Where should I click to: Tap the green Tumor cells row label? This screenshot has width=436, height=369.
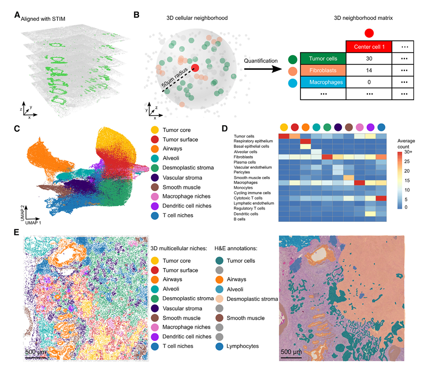coord(323,58)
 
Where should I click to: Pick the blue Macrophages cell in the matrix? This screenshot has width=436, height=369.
coord(323,82)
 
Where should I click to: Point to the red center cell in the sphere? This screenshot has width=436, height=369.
coord(195,68)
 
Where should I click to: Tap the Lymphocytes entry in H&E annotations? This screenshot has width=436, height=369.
coord(242,346)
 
